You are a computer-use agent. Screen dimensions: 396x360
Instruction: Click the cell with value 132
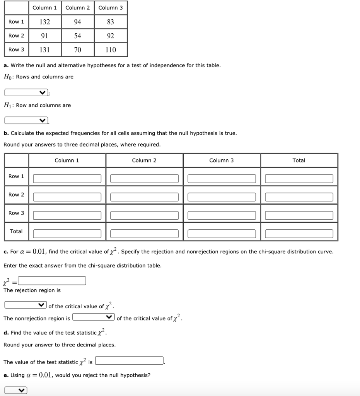coord(45,22)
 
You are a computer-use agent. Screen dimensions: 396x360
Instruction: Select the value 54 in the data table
coord(78,36)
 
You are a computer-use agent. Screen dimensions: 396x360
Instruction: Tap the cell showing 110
coord(111,49)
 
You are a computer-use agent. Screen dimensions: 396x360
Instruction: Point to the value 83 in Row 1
coord(111,22)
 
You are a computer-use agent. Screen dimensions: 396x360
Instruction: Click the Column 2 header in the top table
coord(78,7)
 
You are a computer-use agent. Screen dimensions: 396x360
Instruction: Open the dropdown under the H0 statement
coord(26,92)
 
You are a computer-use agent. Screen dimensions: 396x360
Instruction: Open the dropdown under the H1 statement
coord(26,121)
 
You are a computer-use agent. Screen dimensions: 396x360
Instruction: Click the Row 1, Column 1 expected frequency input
coord(67,178)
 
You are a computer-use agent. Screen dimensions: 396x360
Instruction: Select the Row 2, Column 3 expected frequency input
coord(222,197)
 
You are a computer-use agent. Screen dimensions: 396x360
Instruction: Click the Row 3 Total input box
coord(299,215)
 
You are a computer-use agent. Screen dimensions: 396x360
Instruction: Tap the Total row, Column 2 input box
coord(144,234)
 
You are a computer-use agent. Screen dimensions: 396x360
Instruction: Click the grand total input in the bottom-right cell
coord(299,234)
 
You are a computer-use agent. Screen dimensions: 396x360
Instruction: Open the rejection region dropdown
coord(26,305)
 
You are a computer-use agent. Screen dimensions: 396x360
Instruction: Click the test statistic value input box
coord(130,361)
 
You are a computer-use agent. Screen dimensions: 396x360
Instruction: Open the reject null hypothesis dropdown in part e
coord(16,390)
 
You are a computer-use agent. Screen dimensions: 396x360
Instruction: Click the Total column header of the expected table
coord(299,160)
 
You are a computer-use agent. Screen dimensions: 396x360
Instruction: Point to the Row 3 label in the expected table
coord(16,213)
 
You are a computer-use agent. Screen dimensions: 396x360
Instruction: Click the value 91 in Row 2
coord(45,36)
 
